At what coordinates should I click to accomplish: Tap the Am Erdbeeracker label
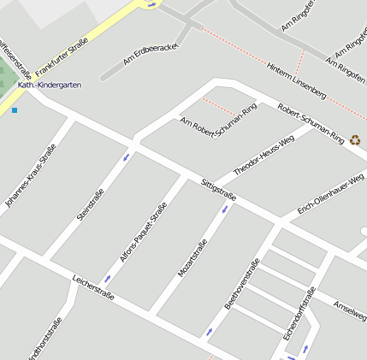[150, 54]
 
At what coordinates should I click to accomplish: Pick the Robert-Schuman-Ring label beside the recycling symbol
[311, 125]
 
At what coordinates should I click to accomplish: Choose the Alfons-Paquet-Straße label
[143, 231]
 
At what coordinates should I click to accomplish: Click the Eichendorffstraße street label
[299, 309]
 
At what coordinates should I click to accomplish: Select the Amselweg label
[350, 307]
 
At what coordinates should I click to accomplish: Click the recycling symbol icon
[355, 139]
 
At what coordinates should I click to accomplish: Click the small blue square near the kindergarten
[14, 110]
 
